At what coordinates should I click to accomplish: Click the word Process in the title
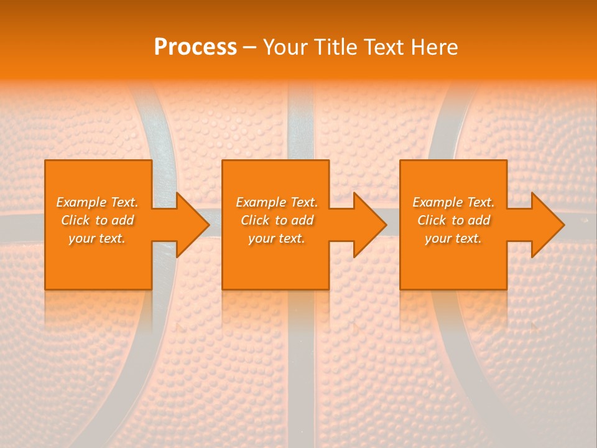pos(195,47)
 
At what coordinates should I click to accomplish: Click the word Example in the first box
pos(81,202)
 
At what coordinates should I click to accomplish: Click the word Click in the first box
pos(76,220)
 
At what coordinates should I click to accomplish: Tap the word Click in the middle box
pos(256,220)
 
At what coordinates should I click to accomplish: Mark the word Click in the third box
pos(432,220)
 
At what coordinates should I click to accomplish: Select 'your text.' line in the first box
pos(97,238)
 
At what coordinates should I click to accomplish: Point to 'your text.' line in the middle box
pos(277,238)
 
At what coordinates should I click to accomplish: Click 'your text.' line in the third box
pos(453,238)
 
